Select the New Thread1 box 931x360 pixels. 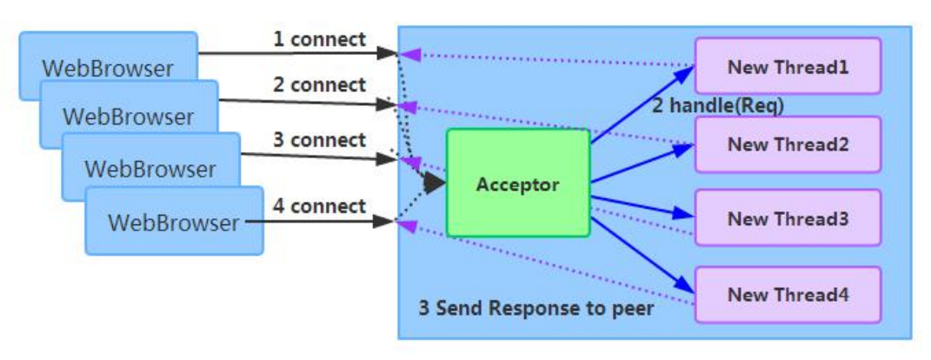click(x=788, y=66)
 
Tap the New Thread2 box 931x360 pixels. click(x=788, y=144)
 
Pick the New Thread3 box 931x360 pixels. click(x=788, y=219)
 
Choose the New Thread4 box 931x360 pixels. click(x=788, y=294)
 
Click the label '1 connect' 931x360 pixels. click(x=319, y=40)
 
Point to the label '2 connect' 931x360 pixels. click(x=319, y=85)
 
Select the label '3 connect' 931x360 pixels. click(x=319, y=140)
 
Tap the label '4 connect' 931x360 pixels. click(x=319, y=206)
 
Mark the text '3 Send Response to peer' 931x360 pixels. click(x=535, y=308)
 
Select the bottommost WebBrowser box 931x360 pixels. click(x=173, y=222)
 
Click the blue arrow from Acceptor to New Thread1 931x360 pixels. click(x=643, y=101)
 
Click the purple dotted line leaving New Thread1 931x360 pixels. click(x=548, y=60)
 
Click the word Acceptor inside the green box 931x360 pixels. click(x=518, y=185)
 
